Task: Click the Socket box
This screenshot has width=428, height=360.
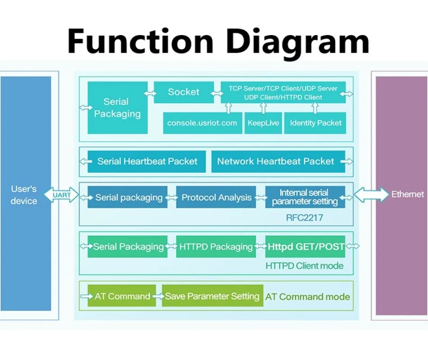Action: point(184,92)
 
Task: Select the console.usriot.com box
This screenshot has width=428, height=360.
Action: point(203,123)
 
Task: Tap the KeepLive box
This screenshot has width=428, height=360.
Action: point(263,123)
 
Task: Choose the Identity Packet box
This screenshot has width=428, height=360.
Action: point(315,123)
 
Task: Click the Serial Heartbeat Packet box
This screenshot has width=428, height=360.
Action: point(146,162)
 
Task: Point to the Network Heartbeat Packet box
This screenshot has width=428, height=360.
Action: point(278,162)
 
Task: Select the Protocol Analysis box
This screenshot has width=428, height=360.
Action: point(216,197)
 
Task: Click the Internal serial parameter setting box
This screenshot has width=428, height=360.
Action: point(305,197)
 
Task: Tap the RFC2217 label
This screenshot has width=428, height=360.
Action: point(305,218)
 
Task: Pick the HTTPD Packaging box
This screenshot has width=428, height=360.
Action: point(216,247)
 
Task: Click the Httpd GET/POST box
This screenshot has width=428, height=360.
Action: point(305,247)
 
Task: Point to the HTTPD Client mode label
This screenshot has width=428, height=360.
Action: point(305,265)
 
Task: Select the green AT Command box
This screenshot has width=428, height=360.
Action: point(122,296)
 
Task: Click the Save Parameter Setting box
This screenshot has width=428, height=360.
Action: point(212,296)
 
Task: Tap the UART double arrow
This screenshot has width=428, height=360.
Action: point(61,195)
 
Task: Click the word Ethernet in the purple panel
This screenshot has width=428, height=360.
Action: point(408,194)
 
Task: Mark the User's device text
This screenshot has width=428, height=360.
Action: point(24,195)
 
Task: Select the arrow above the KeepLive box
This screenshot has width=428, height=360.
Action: point(263,108)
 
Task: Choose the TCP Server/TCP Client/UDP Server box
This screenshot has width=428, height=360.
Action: point(283,92)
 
